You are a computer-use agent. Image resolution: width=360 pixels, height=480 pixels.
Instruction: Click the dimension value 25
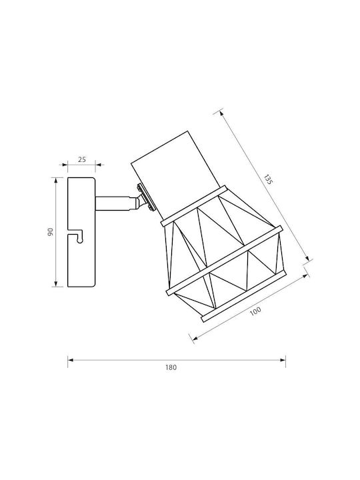pos(82,159)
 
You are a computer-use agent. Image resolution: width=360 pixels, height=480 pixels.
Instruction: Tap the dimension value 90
pos(51,232)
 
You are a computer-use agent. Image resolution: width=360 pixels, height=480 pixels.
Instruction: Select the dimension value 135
pos(268,179)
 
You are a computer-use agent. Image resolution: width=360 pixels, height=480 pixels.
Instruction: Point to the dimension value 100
pos(255,311)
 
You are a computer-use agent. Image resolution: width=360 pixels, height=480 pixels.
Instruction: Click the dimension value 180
pos(171,367)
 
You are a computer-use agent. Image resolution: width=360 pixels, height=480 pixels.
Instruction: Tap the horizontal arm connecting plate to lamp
pos(115,203)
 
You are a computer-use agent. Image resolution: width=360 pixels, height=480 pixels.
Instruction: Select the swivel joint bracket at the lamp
pos(145,199)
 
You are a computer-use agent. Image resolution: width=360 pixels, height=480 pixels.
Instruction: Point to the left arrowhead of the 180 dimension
pos(71,360)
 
